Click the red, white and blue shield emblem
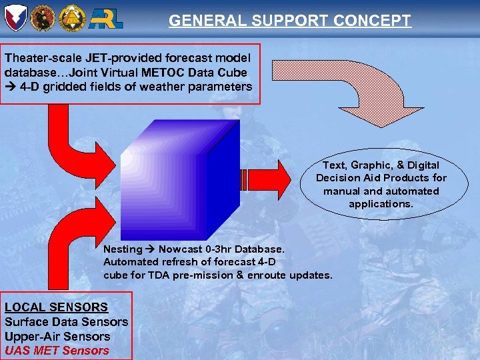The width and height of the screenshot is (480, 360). pyautogui.click(x=15, y=17)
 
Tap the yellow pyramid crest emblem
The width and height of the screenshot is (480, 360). pyautogui.click(x=71, y=17)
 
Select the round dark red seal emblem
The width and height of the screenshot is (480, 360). pyautogui.click(x=43, y=17)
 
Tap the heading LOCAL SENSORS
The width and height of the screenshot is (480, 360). pyautogui.click(x=56, y=307)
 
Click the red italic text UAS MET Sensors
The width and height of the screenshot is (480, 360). pyautogui.click(x=57, y=350)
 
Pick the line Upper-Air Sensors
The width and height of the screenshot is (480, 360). pyautogui.click(x=57, y=336)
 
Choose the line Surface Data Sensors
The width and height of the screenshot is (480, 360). pyautogui.click(x=66, y=322)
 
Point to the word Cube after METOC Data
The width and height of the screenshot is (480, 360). pyautogui.click(x=231, y=72)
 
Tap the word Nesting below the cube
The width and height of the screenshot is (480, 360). pyautogui.click(x=123, y=249)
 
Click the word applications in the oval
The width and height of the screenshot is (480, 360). pyautogui.click(x=381, y=204)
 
